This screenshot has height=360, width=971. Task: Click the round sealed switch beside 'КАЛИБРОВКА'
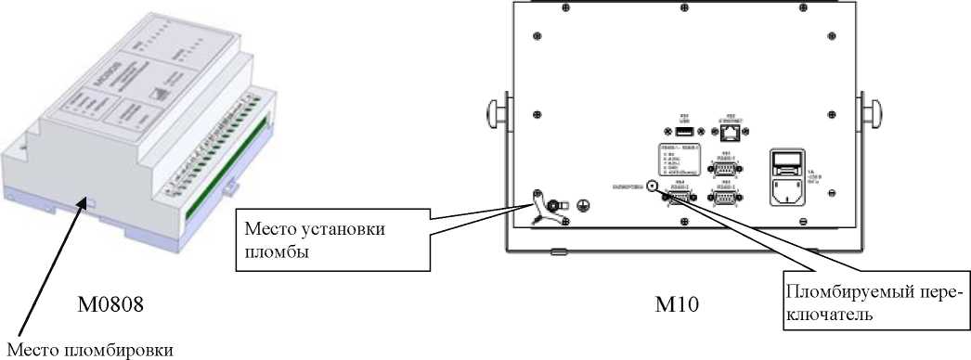653,186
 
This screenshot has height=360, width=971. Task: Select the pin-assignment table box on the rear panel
678,159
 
